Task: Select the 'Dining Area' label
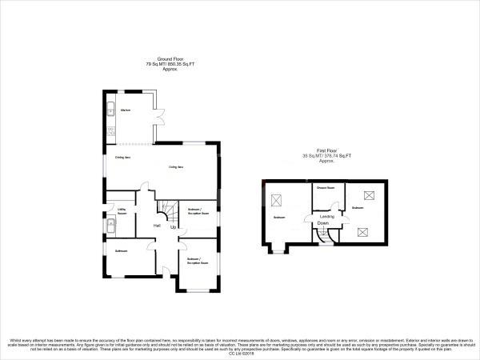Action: [x=122, y=158]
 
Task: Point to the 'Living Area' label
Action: [x=177, y=166]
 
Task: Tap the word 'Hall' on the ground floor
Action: [x=158, y=226]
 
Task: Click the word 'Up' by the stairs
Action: [x=173, y=228]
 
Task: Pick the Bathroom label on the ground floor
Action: [x=122, y=252]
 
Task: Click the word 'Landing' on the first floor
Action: [x=326, y=216]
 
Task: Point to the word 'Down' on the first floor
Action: [x=324, y=224]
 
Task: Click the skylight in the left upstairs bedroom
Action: [x=278, y=200]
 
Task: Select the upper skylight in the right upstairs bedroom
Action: [x=370, y=194]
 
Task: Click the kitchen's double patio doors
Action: [x=159, y=121]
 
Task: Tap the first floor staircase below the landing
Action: [x=324, y=237]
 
